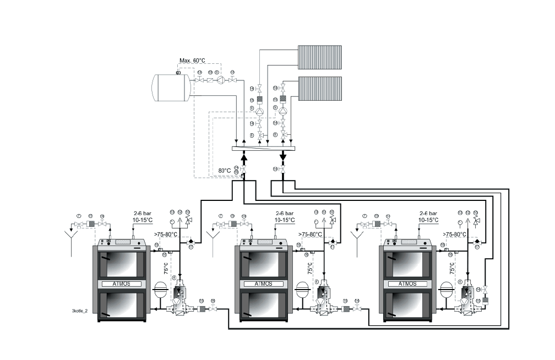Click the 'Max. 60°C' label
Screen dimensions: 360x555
tap(192, 61)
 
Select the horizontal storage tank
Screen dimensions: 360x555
tap(171, 88)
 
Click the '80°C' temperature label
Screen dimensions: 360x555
tap(224, 171)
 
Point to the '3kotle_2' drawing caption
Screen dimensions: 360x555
tap(80, 311)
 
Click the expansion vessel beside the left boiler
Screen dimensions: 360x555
tap(161, 290)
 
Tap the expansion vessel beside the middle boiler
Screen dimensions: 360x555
tap(303, 290)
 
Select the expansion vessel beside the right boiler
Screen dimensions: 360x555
tap(447, 290)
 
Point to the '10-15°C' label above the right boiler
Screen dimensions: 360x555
tap(429, 220)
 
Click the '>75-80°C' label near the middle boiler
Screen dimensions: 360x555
tap(311, 234)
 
